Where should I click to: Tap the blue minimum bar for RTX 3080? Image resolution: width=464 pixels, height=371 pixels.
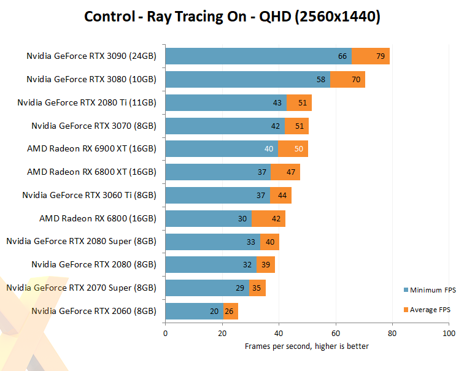246,80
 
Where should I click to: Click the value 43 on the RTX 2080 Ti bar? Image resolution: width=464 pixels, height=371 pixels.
277,103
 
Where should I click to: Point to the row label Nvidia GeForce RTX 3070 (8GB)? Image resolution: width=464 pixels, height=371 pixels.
94,126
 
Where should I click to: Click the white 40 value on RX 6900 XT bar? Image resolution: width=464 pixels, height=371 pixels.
269,149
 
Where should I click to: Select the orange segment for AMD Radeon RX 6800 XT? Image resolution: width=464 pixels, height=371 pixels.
285,172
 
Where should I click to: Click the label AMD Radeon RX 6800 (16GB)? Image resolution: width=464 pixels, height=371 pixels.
98,218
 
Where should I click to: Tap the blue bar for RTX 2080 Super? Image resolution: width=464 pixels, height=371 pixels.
212,242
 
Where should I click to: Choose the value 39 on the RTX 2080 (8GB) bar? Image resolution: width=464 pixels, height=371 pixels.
266,265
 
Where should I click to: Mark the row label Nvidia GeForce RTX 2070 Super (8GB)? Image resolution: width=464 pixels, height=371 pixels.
81,288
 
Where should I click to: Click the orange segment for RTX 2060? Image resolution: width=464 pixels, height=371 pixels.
230,311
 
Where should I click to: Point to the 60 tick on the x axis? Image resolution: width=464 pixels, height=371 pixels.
336,333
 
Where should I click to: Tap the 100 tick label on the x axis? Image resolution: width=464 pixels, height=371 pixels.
449,333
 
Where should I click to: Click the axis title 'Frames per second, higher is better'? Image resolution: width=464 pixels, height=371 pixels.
307,346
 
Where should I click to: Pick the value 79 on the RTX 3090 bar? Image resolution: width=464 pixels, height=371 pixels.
381,56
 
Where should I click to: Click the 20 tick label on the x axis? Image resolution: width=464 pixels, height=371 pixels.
222,333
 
